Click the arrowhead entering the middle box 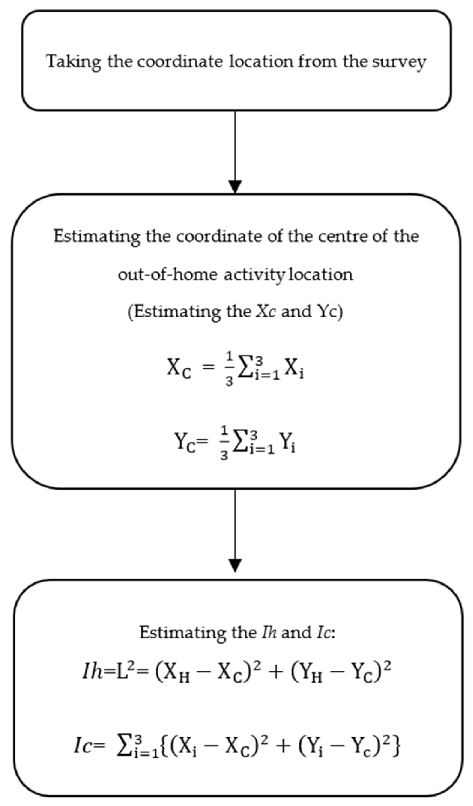235,186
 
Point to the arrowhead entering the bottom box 235,565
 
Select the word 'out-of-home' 168,274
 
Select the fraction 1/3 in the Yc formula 224,443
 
